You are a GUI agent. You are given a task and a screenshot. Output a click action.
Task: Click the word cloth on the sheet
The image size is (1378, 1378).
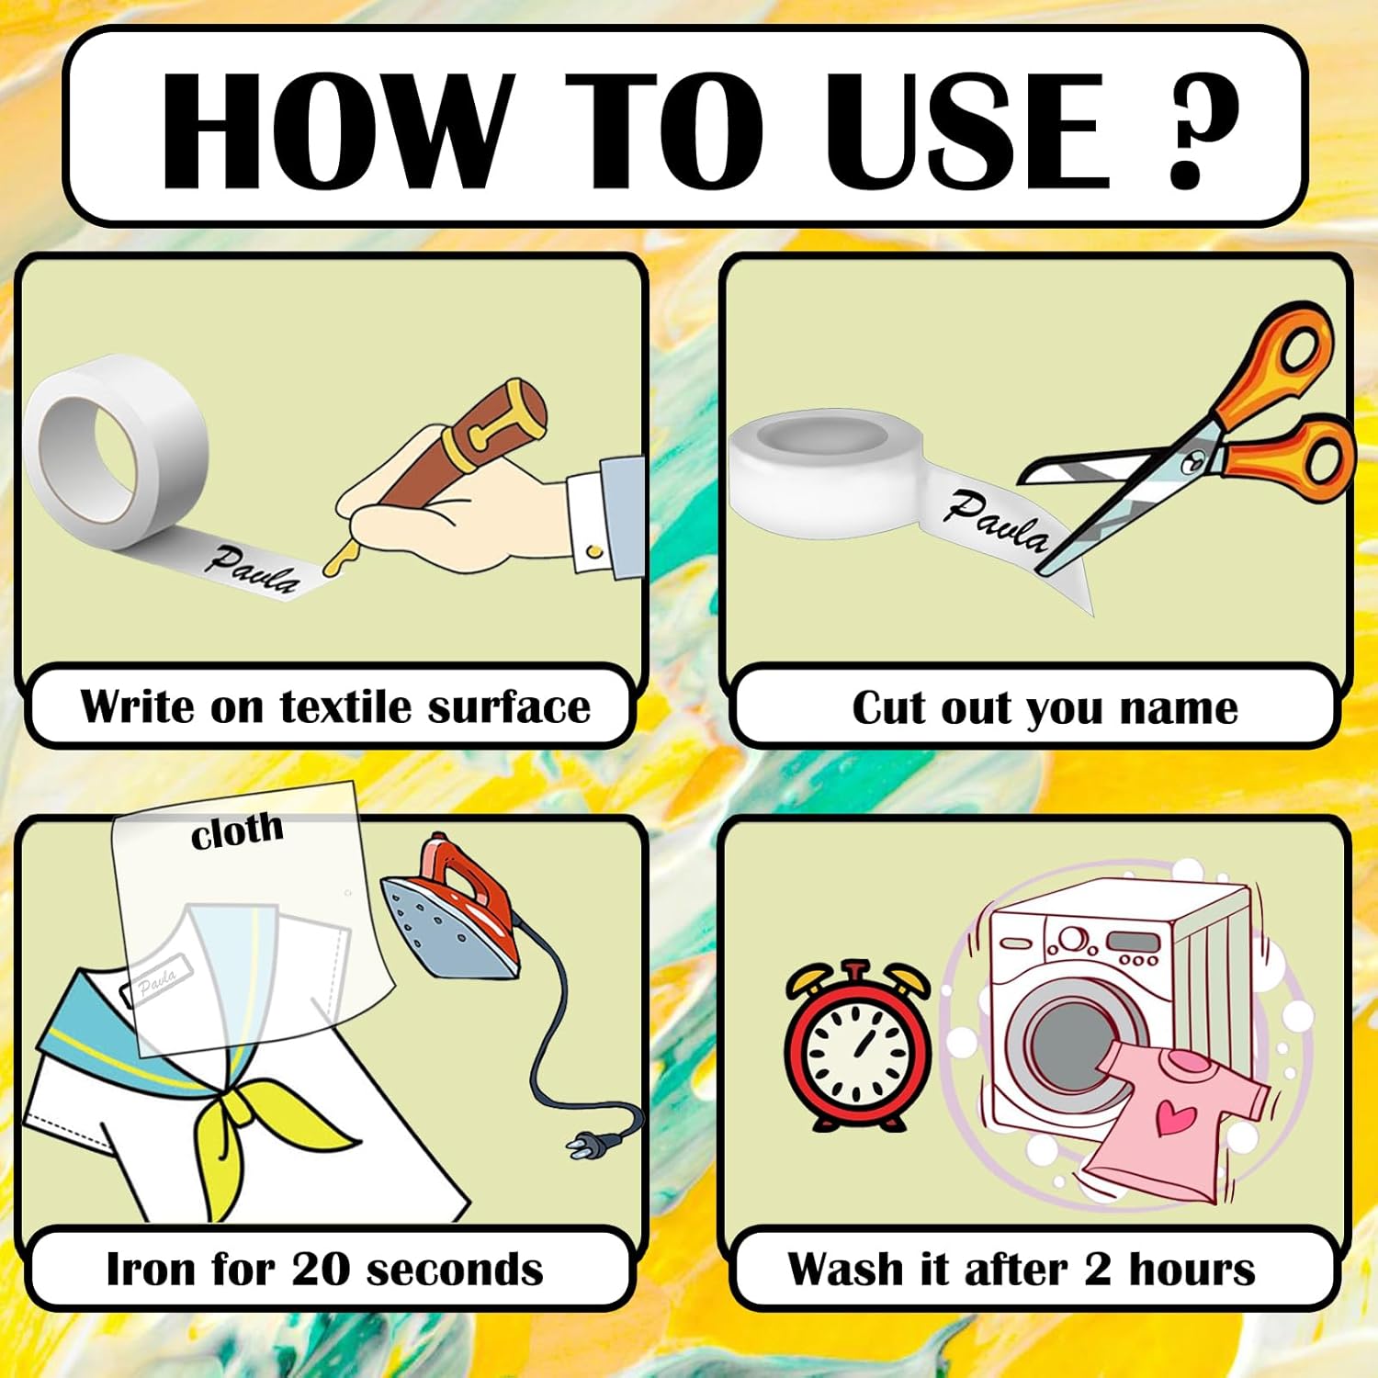pyautogui.click(x=237, y=830)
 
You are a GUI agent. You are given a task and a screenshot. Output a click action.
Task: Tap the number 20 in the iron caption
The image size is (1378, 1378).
pyautogui.click(x=321, y=1269)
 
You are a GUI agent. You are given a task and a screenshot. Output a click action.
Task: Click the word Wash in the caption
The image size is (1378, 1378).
pyautogui.click(x=845, y=1269)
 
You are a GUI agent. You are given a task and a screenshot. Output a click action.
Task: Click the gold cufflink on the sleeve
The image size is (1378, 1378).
pyautogui.click(x=594, y=551)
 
